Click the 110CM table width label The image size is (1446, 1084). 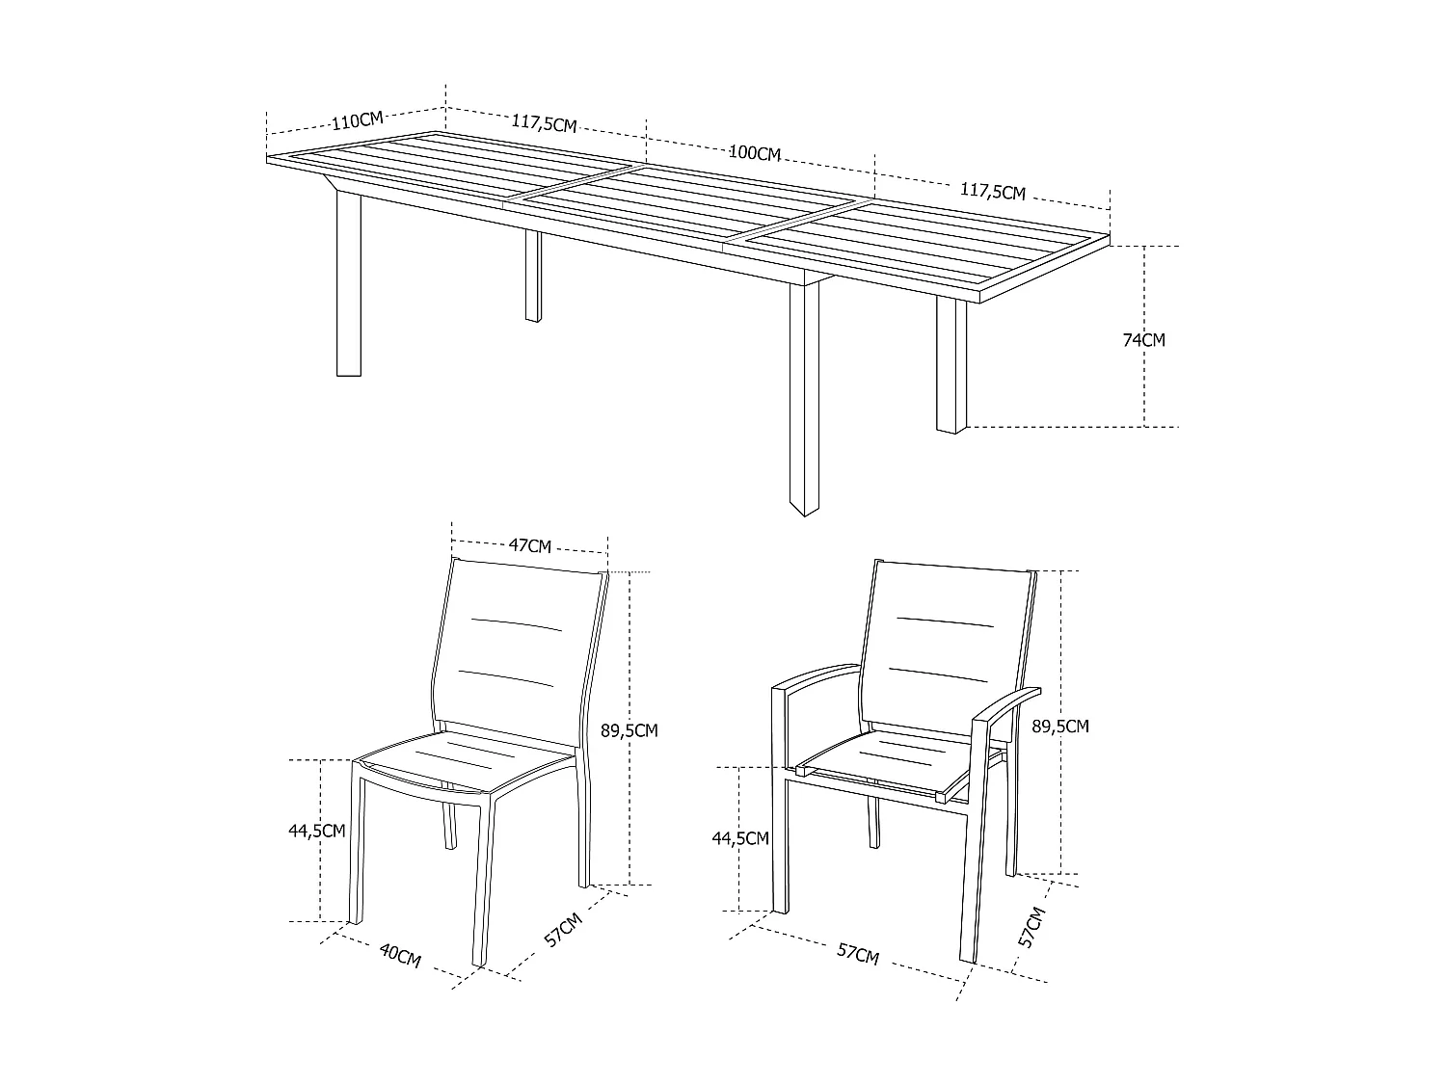[357, 120]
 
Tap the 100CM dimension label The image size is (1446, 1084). [755, 153]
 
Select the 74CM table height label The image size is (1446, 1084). [1144, 340]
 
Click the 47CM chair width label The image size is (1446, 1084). [530, 546]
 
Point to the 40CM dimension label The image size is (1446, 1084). [400, 956]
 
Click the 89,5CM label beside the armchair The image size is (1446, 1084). [1060, 727]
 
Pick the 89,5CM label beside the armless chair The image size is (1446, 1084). [629, 730]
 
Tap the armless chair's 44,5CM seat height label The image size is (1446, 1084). [316, 831]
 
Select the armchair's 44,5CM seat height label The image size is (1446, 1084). [740, 838]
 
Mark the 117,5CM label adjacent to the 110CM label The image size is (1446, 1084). [544, 123]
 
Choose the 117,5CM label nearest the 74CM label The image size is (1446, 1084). [993, 192]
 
